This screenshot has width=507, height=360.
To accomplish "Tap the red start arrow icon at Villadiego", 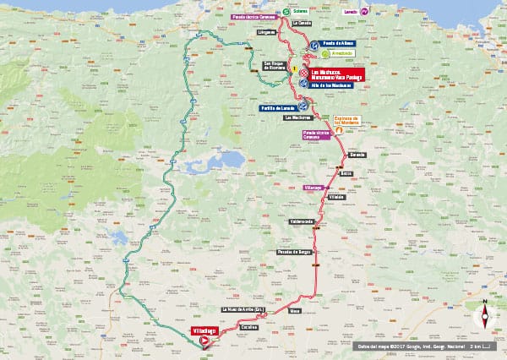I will coord(204,340).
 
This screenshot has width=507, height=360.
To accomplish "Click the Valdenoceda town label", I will coord(302,221).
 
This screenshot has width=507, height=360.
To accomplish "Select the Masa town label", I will coord(294,311).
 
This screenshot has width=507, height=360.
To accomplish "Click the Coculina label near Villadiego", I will coord(248,326).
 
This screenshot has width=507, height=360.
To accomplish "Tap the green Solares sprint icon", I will coord(286,12).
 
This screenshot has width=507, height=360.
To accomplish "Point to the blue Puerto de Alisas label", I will coord(337,42).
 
